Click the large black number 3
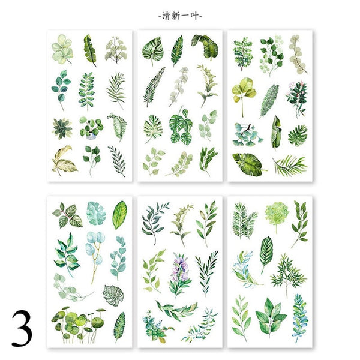22,328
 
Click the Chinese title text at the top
180,16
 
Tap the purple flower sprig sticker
180,275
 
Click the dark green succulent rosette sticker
62,128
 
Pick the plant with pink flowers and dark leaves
296,99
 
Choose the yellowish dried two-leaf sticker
64,161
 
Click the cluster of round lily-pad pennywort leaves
78,325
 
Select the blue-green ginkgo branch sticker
247,135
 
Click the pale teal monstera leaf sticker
96,214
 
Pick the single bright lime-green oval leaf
119,215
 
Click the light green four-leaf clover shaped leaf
62,49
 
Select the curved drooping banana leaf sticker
205,47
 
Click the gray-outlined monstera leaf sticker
113,295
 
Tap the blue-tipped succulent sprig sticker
299,317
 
